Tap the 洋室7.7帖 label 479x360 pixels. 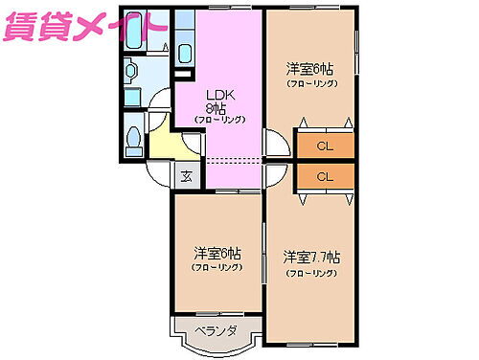click(x=310, y=258)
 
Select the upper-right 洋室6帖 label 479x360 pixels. click(x=310, y=69)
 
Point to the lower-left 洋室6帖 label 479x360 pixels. click(x=217, y=253)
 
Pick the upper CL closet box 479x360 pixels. click(x=325, y=146)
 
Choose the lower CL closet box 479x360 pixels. click(x=325, y=176)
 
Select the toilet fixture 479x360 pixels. click(x=134, y=137)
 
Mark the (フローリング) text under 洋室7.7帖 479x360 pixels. click(x=310, y=273)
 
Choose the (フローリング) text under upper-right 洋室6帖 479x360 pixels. click(x=310, y=84)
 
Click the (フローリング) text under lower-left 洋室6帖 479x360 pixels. click(x=217, y=268)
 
